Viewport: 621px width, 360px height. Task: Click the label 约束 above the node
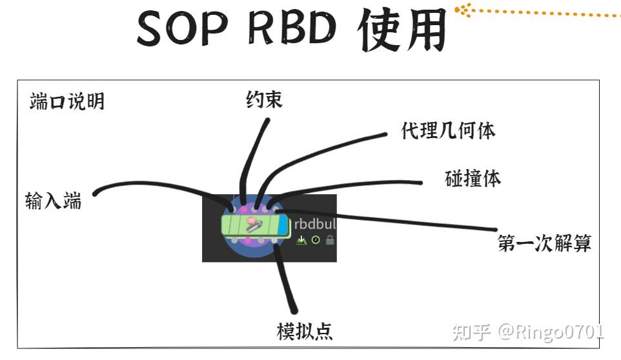click(265, 99)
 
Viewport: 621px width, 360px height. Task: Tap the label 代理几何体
click(448, 131)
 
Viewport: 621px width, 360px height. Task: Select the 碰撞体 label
click(473, 178)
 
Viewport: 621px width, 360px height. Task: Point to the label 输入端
click(54, 201)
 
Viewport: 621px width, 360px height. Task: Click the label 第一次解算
click(544, 243)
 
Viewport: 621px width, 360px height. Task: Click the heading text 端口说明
click(67, 101)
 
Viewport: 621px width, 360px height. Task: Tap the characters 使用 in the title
click(403, 29)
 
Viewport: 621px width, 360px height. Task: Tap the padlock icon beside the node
click(330, 240)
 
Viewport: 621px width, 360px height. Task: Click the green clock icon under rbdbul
click(316, 240)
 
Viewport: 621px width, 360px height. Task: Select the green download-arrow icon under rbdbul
click(301, 240)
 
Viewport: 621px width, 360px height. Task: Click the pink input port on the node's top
click(233, 209)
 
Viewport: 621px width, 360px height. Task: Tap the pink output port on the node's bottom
click(230, 241)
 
